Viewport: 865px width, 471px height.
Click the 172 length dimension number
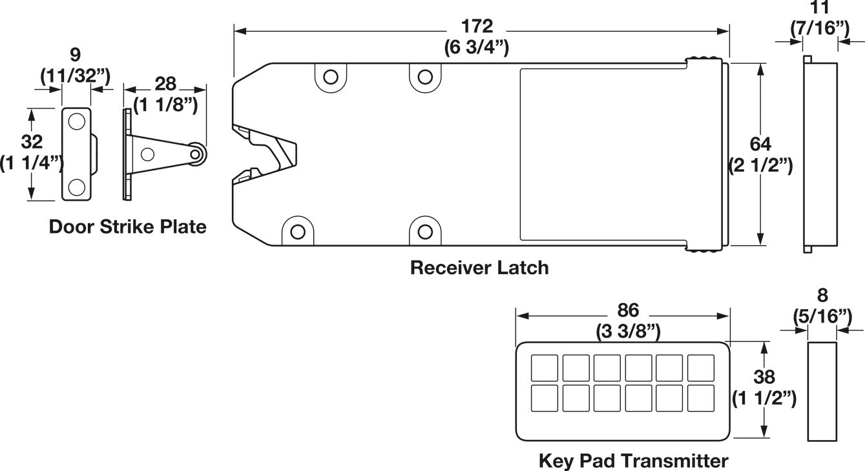click(477, 26)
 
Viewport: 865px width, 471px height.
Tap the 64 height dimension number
click(760, 145)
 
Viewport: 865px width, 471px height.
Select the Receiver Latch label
click(479, 268)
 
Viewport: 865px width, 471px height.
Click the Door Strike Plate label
click(127, 226)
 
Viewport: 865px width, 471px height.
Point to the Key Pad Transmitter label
click(633, 461)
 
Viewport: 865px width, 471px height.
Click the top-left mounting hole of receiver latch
click(331, 77)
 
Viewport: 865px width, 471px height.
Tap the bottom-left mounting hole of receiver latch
click(297, 232)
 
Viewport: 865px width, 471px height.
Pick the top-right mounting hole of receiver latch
click(425, 77)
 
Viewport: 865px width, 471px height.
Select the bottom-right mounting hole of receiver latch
click(425, 232)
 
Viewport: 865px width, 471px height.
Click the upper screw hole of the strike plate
click(76, 121)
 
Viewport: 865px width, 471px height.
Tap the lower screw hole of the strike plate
click(76, 187)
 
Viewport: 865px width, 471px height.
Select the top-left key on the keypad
click(545, 368)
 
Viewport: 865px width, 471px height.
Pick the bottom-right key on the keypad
click(701, 398)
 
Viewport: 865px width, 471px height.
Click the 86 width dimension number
click(628, 310)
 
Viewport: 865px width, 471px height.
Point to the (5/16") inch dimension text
click(822, 317)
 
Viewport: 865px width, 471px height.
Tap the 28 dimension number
click(165, 84)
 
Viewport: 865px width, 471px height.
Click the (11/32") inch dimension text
click(76, 75)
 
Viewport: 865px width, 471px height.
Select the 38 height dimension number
click(764, 377)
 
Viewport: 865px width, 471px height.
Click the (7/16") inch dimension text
click(820, 28)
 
